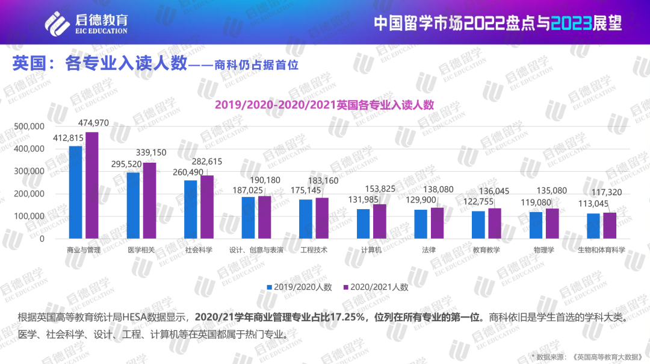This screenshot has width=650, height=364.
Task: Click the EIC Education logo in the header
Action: pyautogui.click(x=87, y=22)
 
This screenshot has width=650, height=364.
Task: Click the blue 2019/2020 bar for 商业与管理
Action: pyautogui.click(x=75, y=192)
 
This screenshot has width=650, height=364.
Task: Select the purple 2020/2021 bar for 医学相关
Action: pyautogui.click(x=149, y=201)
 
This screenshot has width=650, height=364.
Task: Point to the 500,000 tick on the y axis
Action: pyautogui.click(x=29, y=126)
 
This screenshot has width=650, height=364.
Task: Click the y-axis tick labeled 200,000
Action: pyautogui.click(x=29, y=193)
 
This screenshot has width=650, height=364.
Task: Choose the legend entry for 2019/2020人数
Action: pyautogui.click(x=300, y=287)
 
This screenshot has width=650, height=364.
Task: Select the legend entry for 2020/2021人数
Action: pyautogui.click(x=376, y=287)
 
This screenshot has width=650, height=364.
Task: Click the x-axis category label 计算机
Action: pyautogui.click(x=371, y=249)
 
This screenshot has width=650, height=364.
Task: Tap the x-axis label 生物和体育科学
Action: pyautogui.click(x=601, y=249)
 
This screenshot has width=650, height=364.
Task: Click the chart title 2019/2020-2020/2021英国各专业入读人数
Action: pyautogui.click(x=324, y=104)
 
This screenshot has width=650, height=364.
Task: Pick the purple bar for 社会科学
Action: pyautogui.click(x=206, y=207)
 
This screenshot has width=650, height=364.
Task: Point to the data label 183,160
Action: pyautogui.click(x=323, y=181)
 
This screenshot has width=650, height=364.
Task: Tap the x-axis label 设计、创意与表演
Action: pyautogui.click(x=256, y=249)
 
